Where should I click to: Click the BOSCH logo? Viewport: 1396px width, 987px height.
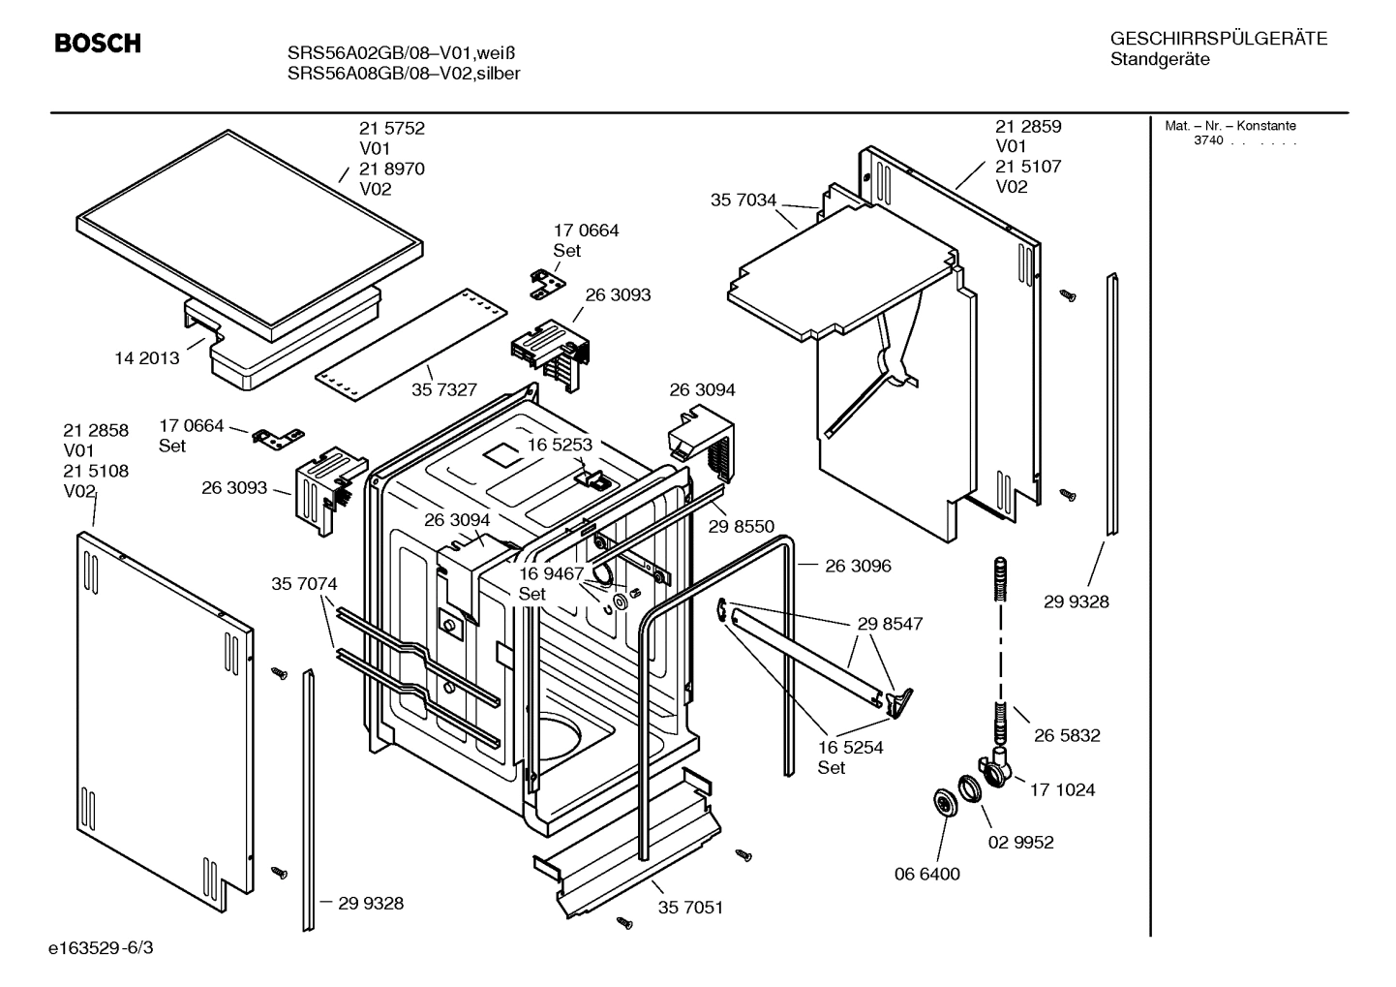pos(98,44)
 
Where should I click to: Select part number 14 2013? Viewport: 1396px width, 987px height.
pos(147,358)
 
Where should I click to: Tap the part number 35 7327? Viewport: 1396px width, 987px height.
pos(444,389)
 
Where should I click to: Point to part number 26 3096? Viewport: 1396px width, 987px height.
pos(858,566)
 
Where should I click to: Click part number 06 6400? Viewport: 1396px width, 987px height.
pos(926,874)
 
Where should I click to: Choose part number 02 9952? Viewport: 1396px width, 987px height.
pos(1020,842)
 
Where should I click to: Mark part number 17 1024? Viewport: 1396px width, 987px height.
pos(1062,789)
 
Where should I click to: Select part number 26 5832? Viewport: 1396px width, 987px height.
pos(1067,735)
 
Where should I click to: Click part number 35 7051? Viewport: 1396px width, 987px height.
pos(690,908)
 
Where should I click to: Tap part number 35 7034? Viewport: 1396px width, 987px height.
pos(744,200)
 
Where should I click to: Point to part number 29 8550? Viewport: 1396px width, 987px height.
pos(741,526)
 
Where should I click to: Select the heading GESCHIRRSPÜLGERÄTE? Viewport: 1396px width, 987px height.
pos(1218,39)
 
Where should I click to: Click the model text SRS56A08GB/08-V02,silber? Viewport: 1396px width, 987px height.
pos(404,74)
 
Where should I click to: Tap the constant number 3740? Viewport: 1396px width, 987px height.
pos(1208,141)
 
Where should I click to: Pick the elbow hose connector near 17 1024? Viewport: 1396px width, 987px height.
pos(996,766)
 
